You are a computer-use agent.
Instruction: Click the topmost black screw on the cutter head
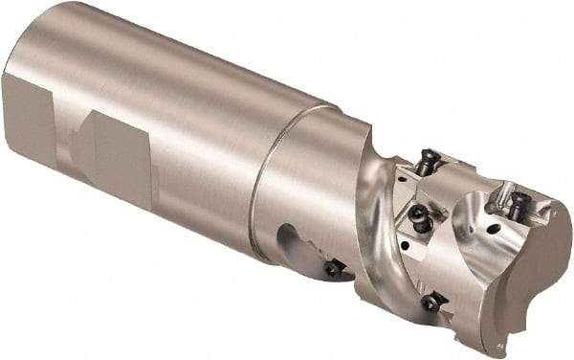point(428,161)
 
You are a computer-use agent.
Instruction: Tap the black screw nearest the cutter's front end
point(517,202)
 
